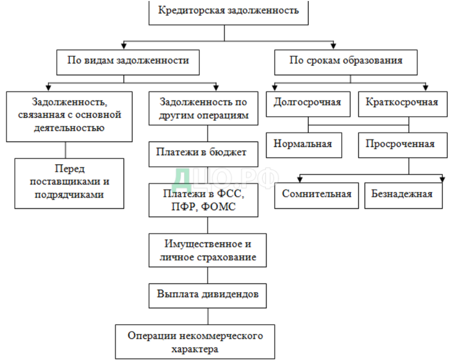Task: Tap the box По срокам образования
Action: [x=345, y=61]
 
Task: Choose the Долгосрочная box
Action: [x=307, y=103]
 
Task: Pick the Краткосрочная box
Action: [x=402, y=103]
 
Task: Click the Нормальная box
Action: [x=303, y=144]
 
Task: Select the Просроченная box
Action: [x=400, y=144]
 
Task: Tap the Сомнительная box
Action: [x=317, y=193]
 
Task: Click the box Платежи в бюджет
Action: [x=207, y=152]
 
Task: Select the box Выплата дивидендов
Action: [x=207, y=295]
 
